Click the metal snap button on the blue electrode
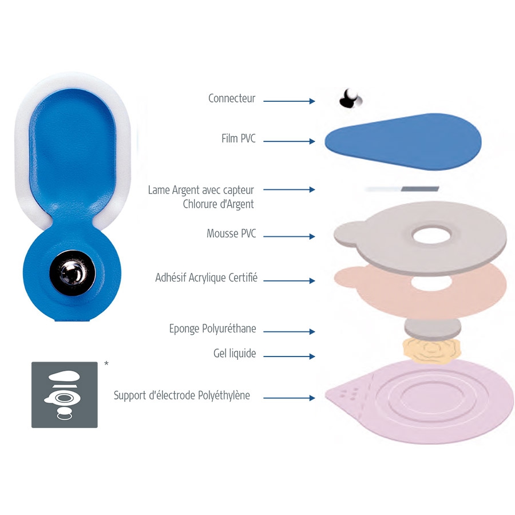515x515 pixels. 73,273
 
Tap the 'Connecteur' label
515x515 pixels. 232,98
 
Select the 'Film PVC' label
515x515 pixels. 239,138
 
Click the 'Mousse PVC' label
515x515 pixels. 231,233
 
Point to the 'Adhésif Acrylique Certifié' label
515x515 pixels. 206,278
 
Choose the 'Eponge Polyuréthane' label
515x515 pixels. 212,328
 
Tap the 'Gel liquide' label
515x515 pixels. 235,354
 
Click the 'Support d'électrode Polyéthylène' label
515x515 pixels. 181,395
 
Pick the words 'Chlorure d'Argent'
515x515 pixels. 219,204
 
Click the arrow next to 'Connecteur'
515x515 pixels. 289,101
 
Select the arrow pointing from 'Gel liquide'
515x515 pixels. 289,356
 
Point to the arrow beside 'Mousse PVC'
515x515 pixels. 289,236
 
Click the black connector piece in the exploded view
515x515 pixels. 350,98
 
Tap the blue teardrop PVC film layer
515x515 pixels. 403,141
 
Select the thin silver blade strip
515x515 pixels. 402,189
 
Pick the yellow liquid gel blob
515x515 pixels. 432,350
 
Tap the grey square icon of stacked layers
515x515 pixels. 64,395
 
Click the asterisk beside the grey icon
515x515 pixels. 106,363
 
